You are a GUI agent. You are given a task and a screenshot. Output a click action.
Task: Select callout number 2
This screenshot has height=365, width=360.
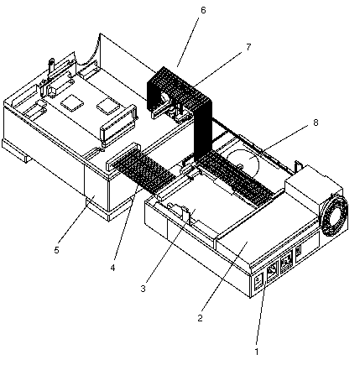point(200,318)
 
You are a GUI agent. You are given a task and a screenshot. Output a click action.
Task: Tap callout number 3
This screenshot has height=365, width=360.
point(143,289)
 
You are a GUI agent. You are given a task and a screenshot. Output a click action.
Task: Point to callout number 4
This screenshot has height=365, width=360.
point(112,268)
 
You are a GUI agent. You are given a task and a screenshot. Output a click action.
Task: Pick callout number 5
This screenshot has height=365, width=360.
point(57,250)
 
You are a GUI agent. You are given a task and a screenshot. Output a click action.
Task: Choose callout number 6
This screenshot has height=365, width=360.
point(203,10)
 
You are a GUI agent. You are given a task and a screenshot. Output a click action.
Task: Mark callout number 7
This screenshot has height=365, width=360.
point(248,47)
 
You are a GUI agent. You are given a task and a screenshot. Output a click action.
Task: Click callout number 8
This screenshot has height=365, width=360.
point(316,123)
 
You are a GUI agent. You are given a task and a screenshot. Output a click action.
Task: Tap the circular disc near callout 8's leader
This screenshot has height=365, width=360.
point(243,164)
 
